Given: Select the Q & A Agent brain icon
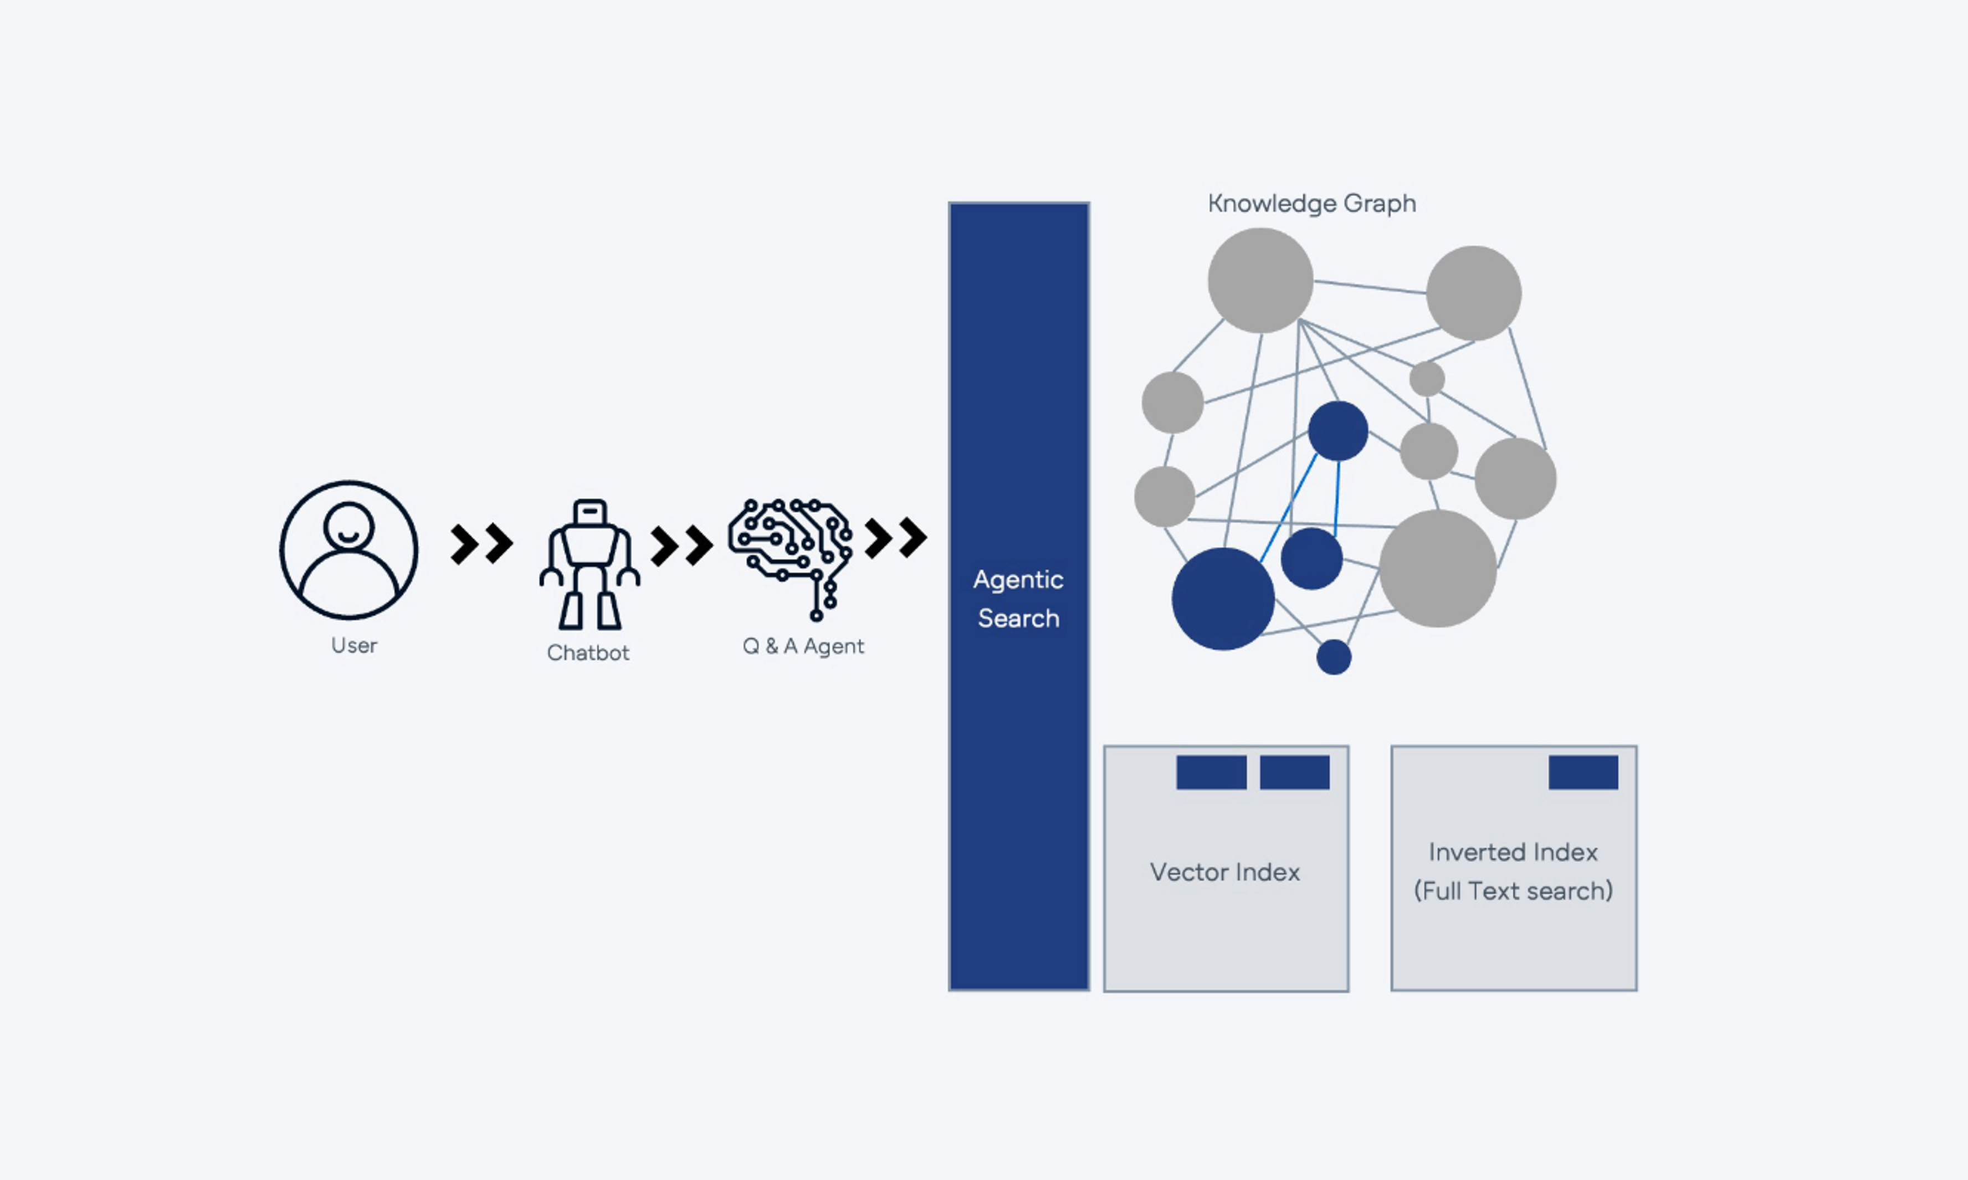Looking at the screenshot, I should [791, 556].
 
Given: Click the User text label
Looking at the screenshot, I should [354, 645].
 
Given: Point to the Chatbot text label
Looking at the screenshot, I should [588, 653].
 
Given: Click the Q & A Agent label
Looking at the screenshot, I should [803, 646].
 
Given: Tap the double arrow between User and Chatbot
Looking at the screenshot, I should [481, 544].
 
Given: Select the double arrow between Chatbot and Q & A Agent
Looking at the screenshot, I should [681, 545].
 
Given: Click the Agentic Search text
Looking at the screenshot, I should [1018, 599].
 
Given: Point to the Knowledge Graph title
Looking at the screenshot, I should [1312, 204].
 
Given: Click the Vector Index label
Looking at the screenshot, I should [1225, 872].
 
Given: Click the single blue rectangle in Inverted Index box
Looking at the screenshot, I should [1583, 772].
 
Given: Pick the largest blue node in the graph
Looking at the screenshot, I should [1223, 599].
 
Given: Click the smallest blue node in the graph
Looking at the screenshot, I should [1333, 657].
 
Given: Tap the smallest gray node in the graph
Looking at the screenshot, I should [1427, 379].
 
